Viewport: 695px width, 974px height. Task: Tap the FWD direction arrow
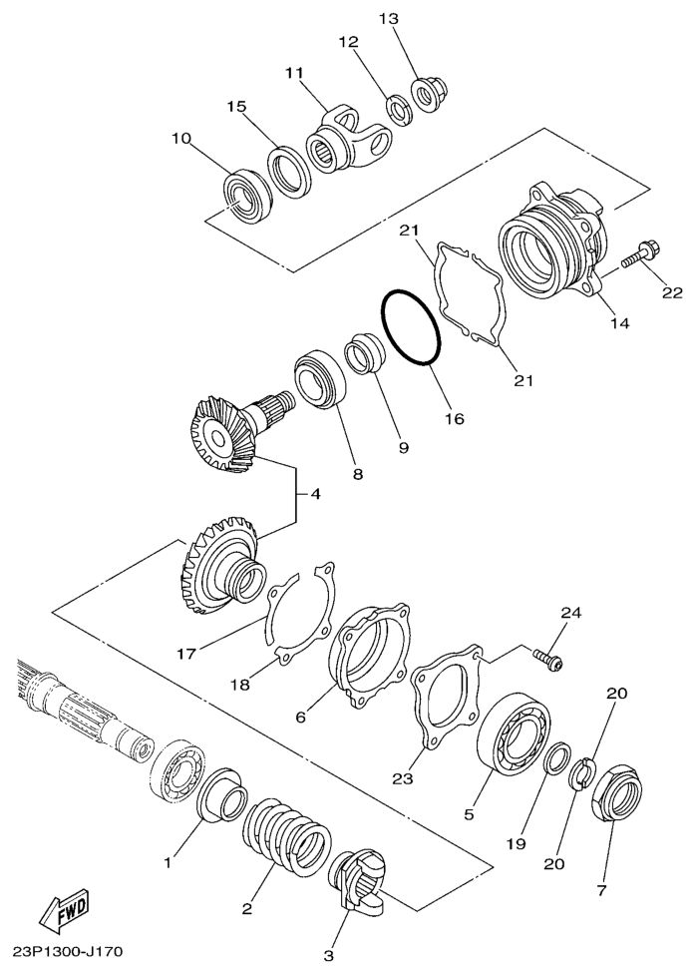point(61,909)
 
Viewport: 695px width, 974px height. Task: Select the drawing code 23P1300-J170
point(68,951)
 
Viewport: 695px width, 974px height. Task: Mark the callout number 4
point(315,493)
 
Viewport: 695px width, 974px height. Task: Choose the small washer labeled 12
point(399,108)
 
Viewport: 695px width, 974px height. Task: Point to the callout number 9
point(404,449)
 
